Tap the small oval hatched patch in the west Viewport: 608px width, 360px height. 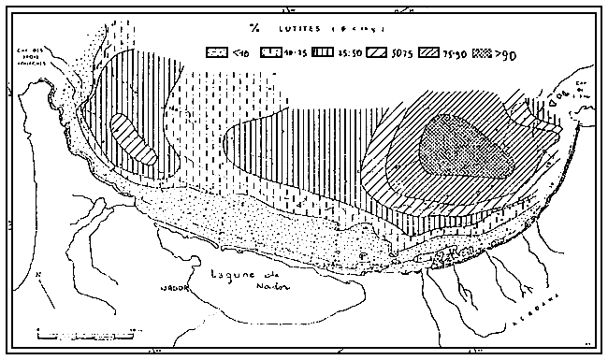[131, 140]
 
